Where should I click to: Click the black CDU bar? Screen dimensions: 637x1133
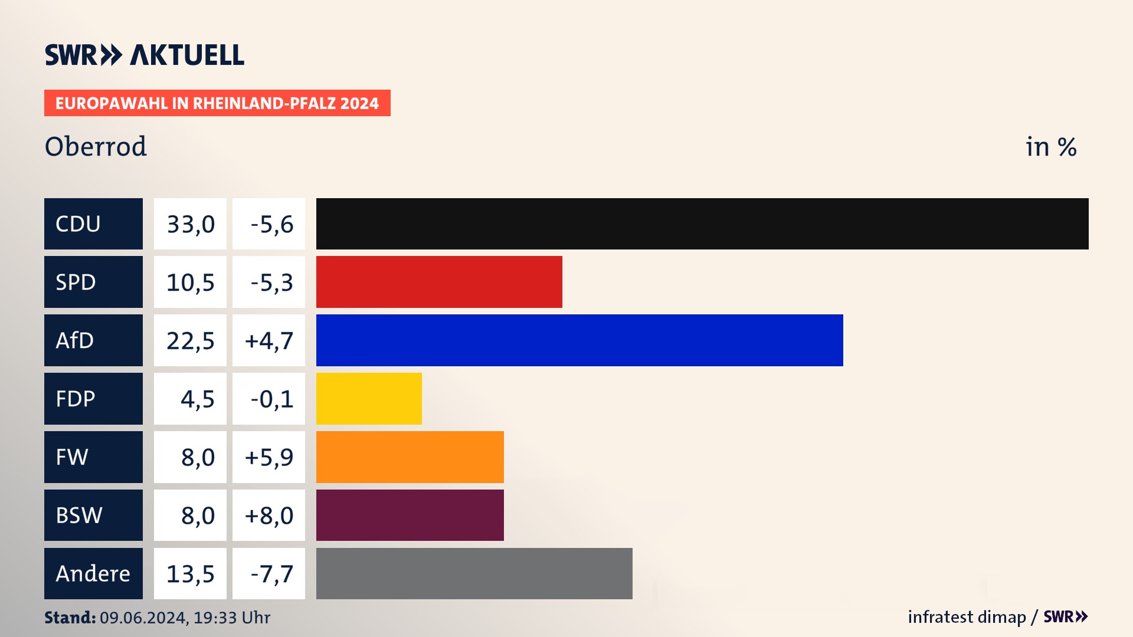coord(702,224)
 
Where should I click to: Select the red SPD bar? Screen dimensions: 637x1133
coord(439,282)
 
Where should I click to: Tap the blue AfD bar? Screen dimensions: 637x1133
coord(579,340)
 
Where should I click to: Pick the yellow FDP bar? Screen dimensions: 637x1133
coord(369,399)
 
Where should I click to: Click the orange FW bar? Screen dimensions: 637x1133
coord(410,457)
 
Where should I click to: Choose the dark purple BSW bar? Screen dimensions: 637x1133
coord(410,515)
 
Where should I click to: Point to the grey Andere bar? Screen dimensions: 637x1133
coord(474,573)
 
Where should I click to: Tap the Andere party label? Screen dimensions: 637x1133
coord(93,573)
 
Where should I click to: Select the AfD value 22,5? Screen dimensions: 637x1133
coord(190,340)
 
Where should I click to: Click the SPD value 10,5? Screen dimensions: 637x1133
coord(190,282)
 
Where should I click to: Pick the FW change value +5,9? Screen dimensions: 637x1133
coord(268,457)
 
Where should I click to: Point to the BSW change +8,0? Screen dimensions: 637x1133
coord(268,515)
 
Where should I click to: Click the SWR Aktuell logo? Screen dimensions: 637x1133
coord(145,55)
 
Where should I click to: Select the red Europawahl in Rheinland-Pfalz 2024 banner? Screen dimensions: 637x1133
coord(217,103)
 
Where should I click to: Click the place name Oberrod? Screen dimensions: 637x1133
coord(96,146)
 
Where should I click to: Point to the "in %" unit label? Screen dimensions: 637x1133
coord(1051,147)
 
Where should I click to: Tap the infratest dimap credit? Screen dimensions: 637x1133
coord(967,617)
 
